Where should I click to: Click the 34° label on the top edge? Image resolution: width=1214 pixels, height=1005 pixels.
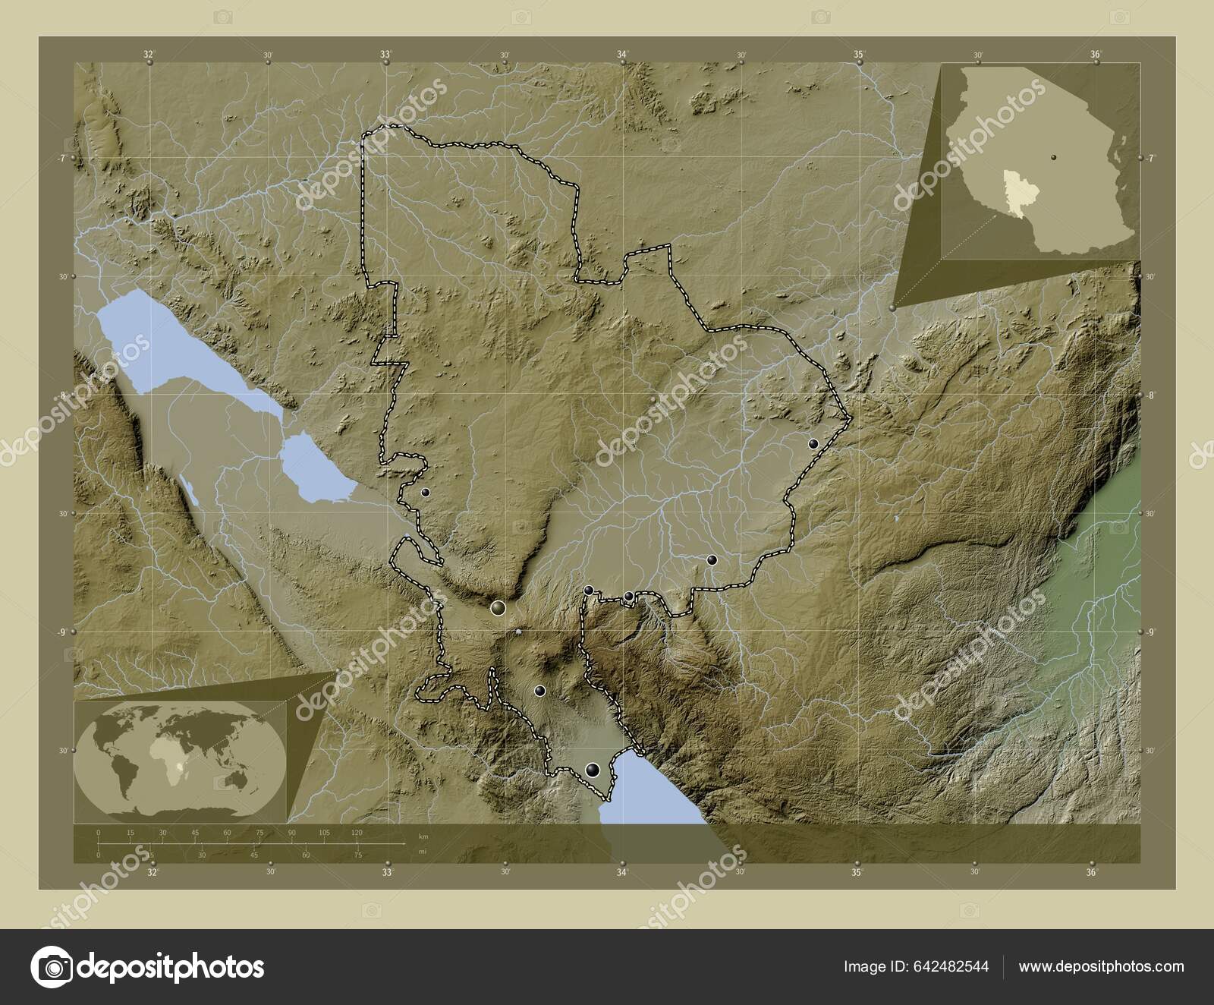pyautogui.click(x=622, y=55)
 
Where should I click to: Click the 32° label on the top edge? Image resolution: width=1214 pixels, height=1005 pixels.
pyautogui.click(x=149, y=55)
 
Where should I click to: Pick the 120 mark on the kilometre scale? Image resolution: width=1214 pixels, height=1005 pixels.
pyautogui.click(x=357, y=833)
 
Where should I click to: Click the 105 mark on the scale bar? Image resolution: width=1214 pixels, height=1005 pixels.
pyautogui.click(x=325, y=833)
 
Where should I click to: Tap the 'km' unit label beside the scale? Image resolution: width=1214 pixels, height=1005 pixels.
pyautogui.click(x=423, y=836)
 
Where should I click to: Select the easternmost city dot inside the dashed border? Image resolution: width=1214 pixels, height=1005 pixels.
pyautogui.click(x=813, y=444)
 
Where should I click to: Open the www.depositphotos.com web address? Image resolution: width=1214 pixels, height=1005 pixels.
pyautogui.click(x=1101, y=966)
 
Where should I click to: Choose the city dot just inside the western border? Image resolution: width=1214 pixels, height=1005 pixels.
pyautogui.click(x=425, y=493)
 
